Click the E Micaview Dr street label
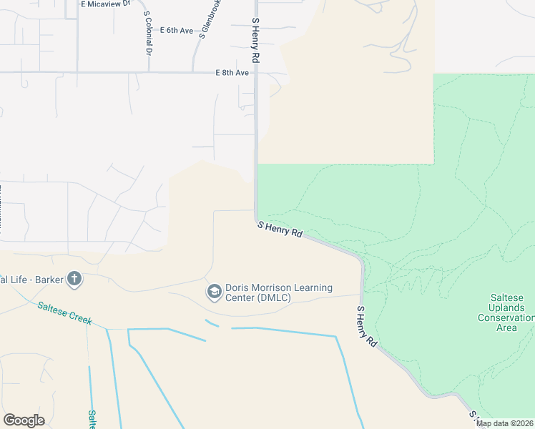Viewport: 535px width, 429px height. tap(107, 4)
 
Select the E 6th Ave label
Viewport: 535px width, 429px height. tap(177, 30)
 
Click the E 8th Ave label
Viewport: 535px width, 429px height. tap(232, 73)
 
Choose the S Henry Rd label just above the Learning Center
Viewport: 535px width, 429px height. tap(280, 230)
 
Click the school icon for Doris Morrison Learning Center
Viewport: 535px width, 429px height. tap(214, 292)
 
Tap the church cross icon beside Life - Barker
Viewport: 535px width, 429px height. tap(74, 279)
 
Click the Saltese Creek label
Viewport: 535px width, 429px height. tap(65, 313)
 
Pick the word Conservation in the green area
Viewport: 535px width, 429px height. tap(507, 317)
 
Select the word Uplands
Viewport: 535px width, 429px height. tap(506, 307)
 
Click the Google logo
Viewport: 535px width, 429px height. tap(24, 420)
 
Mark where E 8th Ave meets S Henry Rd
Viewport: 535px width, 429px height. tap(255, 72)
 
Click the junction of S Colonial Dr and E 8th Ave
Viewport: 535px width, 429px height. tap(149, 71)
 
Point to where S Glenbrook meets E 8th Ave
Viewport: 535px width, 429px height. tap(193, 71)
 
